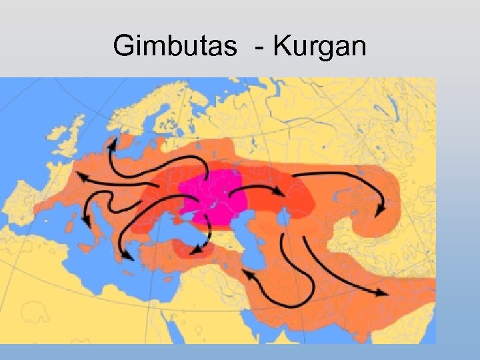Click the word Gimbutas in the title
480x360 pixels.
pos(175,46)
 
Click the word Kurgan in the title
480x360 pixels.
pos(320,46)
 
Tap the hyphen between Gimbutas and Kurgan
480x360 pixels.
pos(256,48)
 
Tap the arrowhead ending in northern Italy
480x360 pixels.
pos(86,220)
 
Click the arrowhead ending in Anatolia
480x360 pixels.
pos(196,250)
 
